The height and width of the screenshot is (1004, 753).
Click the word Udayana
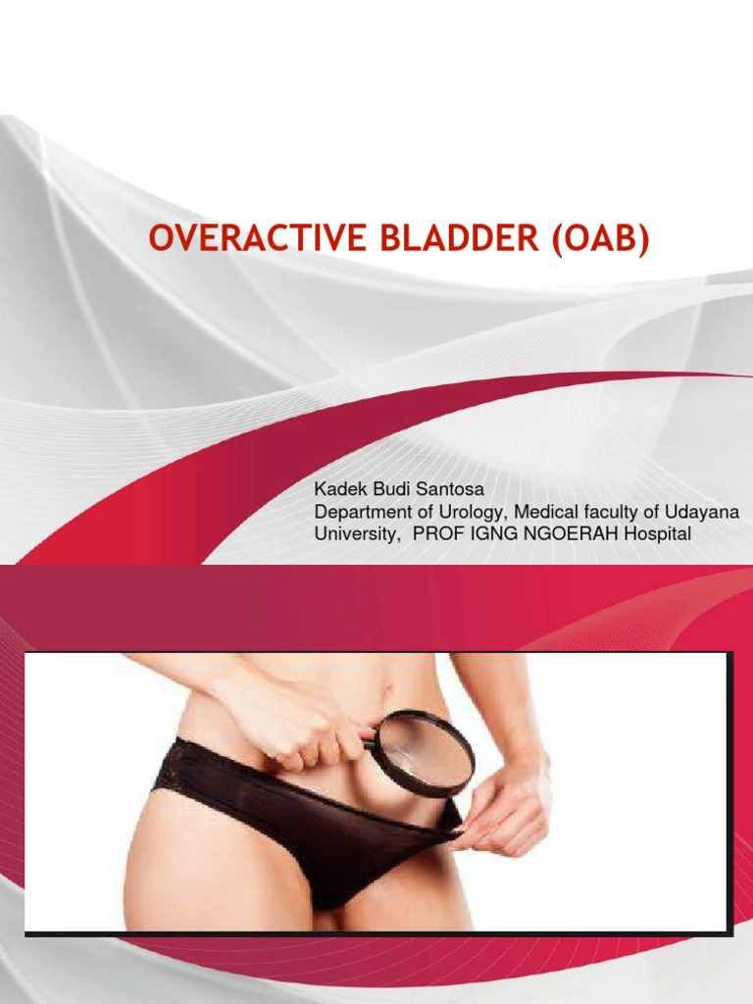(x=708, y=511)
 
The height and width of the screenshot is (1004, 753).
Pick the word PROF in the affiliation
(x=436, y=534)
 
